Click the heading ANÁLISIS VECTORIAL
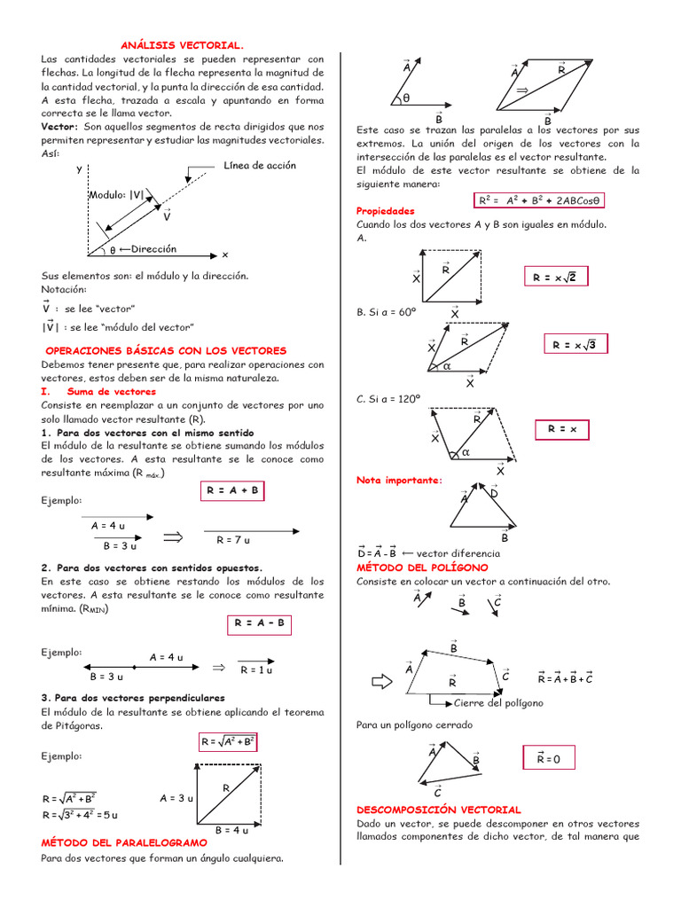click(x=182, y=44)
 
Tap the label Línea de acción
click(x=260, y=166)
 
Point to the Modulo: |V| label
click(x=116, y=195)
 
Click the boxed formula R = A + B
click(x=232, y=491)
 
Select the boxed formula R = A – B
click(x=259, y=623)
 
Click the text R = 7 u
click(x=233, y=539)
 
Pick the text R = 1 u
click(x=256, y=669)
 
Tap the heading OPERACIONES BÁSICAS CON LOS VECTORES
click(x=165, y=350)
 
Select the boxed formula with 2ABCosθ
click(x=539, y=200)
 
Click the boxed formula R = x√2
click(x=555, y=278)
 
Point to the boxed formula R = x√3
click(x=575, y=344)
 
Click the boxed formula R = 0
click(x=554, y=759)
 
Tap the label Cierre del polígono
click(x=498, y=703)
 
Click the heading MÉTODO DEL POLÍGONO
click(x=422, y=567)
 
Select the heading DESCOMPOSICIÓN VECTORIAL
click(x=438, y=810)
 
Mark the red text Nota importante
click(x=398, y=480)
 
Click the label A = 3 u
click(x=176, y=797)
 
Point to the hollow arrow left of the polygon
click(x=380, y=681)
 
